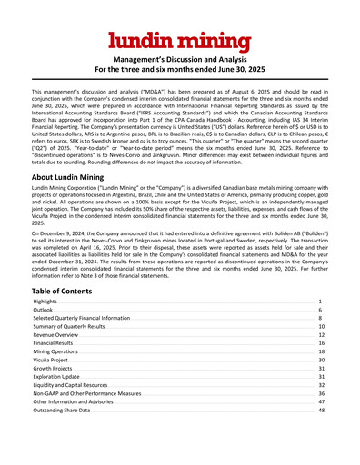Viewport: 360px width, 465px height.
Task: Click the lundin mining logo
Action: [x=179, y=40]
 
